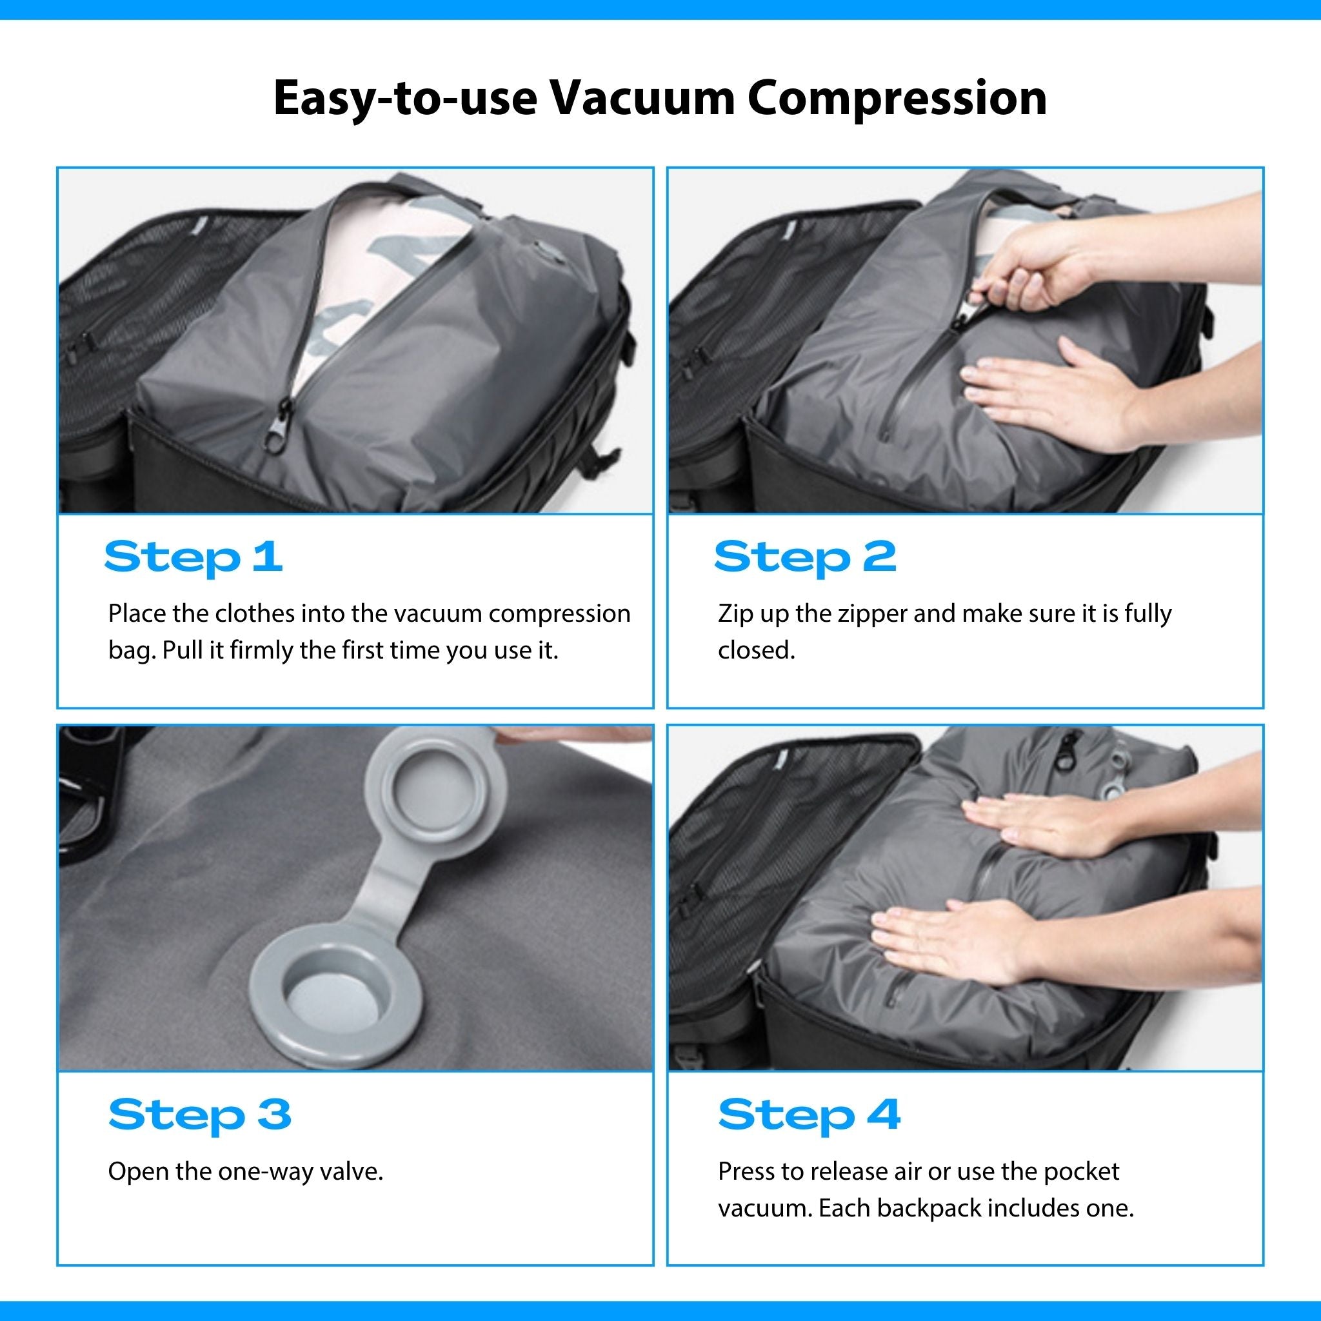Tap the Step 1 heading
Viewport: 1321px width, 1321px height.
194,557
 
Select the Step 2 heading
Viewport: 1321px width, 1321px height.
805,557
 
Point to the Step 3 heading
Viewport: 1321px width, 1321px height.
200,1115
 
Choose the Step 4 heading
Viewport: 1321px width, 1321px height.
809,1115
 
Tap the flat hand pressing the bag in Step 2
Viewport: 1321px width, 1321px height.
1080,390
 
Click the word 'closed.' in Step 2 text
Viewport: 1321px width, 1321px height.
756,650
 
